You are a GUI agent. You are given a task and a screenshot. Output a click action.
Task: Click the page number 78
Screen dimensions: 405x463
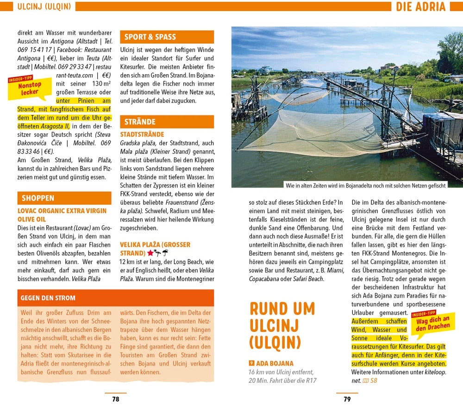point(115,399)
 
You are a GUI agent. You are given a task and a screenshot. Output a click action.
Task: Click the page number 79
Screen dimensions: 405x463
point(347,399)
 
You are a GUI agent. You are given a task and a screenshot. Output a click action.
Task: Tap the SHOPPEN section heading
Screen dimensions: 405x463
point(38,198)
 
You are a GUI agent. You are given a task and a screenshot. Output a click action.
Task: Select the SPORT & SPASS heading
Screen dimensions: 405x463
point(150,37)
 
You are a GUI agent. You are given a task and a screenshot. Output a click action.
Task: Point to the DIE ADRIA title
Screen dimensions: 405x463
point(420,6)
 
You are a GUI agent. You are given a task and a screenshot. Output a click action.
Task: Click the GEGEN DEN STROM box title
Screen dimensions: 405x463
point(48,297)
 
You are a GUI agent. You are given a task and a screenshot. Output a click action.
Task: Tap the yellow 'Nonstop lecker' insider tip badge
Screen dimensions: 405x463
point(30,88)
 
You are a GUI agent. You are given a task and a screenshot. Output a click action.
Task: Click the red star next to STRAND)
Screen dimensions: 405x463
point(150,253)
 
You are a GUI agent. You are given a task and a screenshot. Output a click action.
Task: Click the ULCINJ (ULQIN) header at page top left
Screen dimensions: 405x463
point(44,6)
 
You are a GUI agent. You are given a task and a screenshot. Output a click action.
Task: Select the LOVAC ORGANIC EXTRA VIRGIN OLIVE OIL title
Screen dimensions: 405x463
point(55,215)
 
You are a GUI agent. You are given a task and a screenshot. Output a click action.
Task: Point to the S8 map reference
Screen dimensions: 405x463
point(373,380)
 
